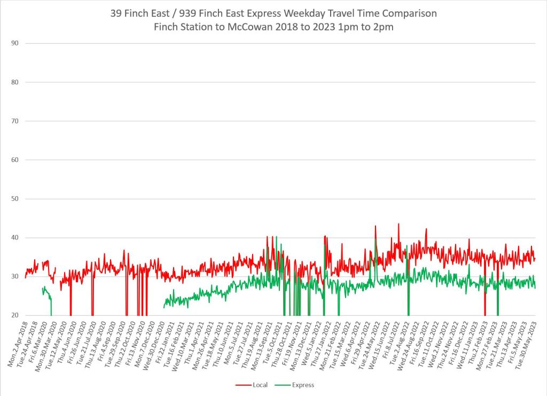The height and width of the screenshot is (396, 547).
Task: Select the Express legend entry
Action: coord(303,385)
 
